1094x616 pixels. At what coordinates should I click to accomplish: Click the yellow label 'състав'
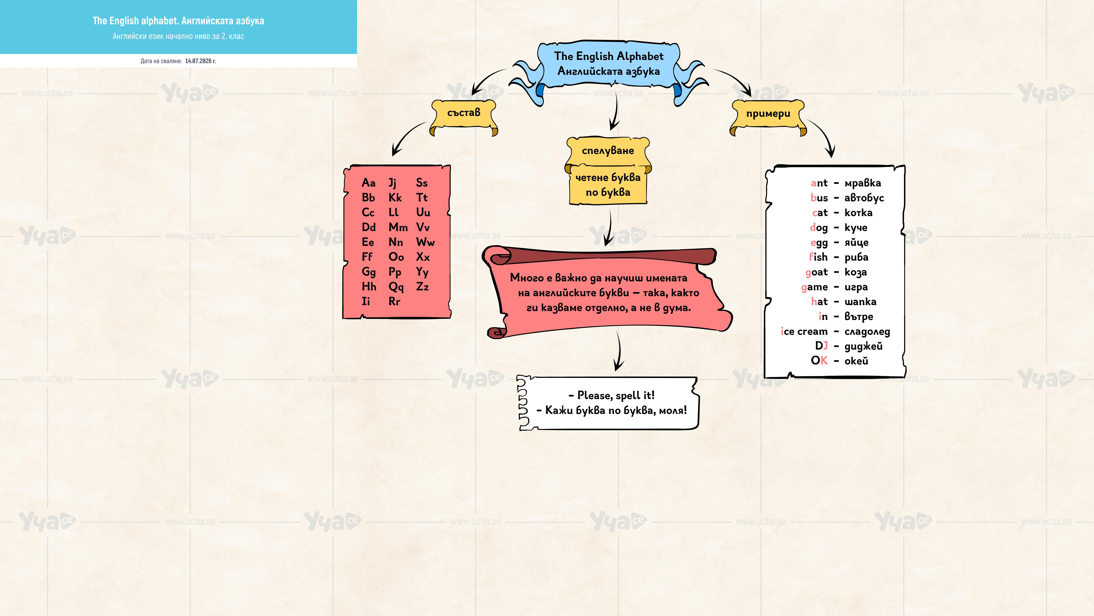point(464,113)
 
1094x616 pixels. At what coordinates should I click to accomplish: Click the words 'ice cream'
point(804,331)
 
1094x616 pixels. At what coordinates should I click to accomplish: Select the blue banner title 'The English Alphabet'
point(609,56)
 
